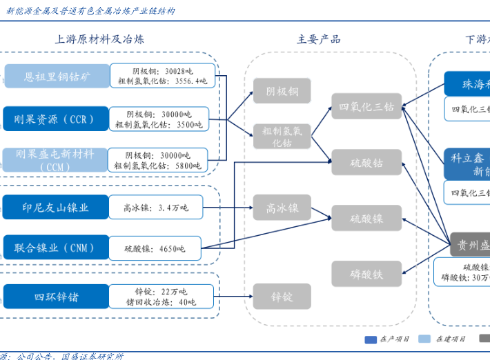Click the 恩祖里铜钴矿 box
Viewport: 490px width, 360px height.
57,76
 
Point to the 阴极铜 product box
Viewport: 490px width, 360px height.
282,91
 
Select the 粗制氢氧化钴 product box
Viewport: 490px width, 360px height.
282,137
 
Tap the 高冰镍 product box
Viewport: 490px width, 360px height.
282,208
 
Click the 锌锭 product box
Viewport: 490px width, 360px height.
282,297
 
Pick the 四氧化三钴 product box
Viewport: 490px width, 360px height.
366,106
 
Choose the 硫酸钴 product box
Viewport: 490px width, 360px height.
366,163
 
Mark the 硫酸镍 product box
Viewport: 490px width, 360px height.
366,219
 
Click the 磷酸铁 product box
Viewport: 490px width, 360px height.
366,274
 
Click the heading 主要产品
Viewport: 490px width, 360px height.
318,39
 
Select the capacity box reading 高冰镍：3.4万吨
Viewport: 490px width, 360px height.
155,207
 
